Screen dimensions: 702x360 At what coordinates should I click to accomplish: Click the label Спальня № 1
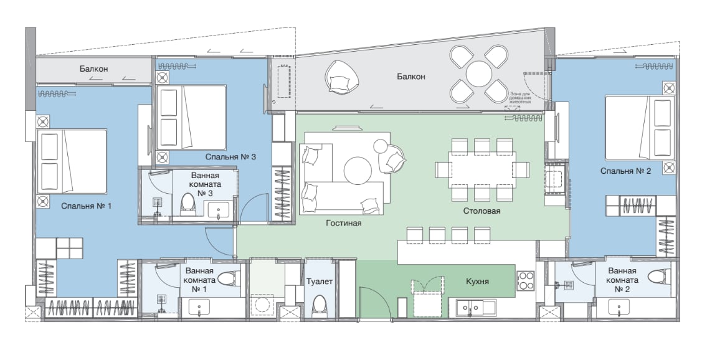86,206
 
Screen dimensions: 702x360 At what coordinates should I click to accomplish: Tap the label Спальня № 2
625,171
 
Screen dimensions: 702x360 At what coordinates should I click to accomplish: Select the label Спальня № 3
230,157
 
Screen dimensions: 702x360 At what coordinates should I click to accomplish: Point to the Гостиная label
344,222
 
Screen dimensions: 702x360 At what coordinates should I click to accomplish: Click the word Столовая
481,211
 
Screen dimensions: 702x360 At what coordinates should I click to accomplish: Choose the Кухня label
477,282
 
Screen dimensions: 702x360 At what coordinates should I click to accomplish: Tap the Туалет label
319,281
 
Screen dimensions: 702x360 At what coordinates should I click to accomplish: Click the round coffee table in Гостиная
358,170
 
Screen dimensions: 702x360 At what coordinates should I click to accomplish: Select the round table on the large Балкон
478,74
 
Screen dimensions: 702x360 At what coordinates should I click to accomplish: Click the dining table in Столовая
482,169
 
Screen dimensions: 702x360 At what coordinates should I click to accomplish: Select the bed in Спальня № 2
640,128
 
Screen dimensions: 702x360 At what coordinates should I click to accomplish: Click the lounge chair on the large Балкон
343,77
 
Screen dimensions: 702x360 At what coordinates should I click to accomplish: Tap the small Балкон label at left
93,69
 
